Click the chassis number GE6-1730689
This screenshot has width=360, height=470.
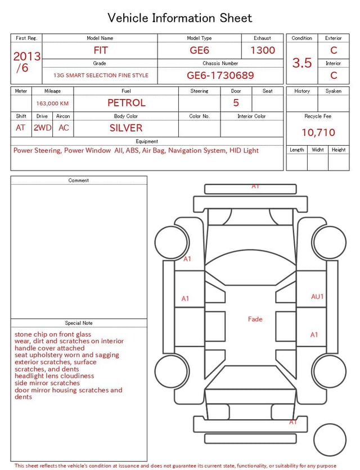[220, 75]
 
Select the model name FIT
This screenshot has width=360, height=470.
[101, 50]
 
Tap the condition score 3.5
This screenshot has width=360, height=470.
[302, 62]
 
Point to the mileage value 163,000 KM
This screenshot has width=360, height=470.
[52, 104]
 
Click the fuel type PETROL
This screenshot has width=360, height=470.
[127, 103]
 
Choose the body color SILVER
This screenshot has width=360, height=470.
[126, 128]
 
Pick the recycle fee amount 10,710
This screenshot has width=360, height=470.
[318, 132]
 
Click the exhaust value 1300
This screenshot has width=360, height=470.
[263, 50]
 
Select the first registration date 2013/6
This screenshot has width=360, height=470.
[26, 62]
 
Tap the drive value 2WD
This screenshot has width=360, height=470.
[42, 128]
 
